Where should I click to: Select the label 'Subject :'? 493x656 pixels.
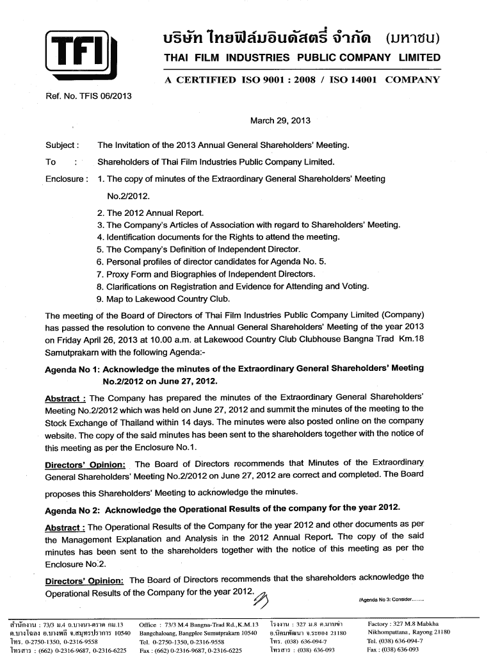[62, 145]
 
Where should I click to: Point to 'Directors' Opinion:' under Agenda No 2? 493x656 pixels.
[84, 580]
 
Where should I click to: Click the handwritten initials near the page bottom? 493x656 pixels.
[262, 598]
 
